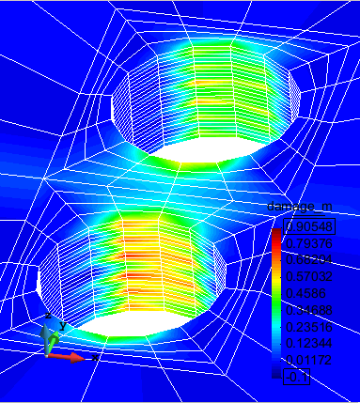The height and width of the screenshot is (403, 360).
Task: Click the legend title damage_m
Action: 301,207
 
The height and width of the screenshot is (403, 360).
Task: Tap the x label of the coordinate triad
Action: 96,358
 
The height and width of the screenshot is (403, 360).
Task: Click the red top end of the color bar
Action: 276,236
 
